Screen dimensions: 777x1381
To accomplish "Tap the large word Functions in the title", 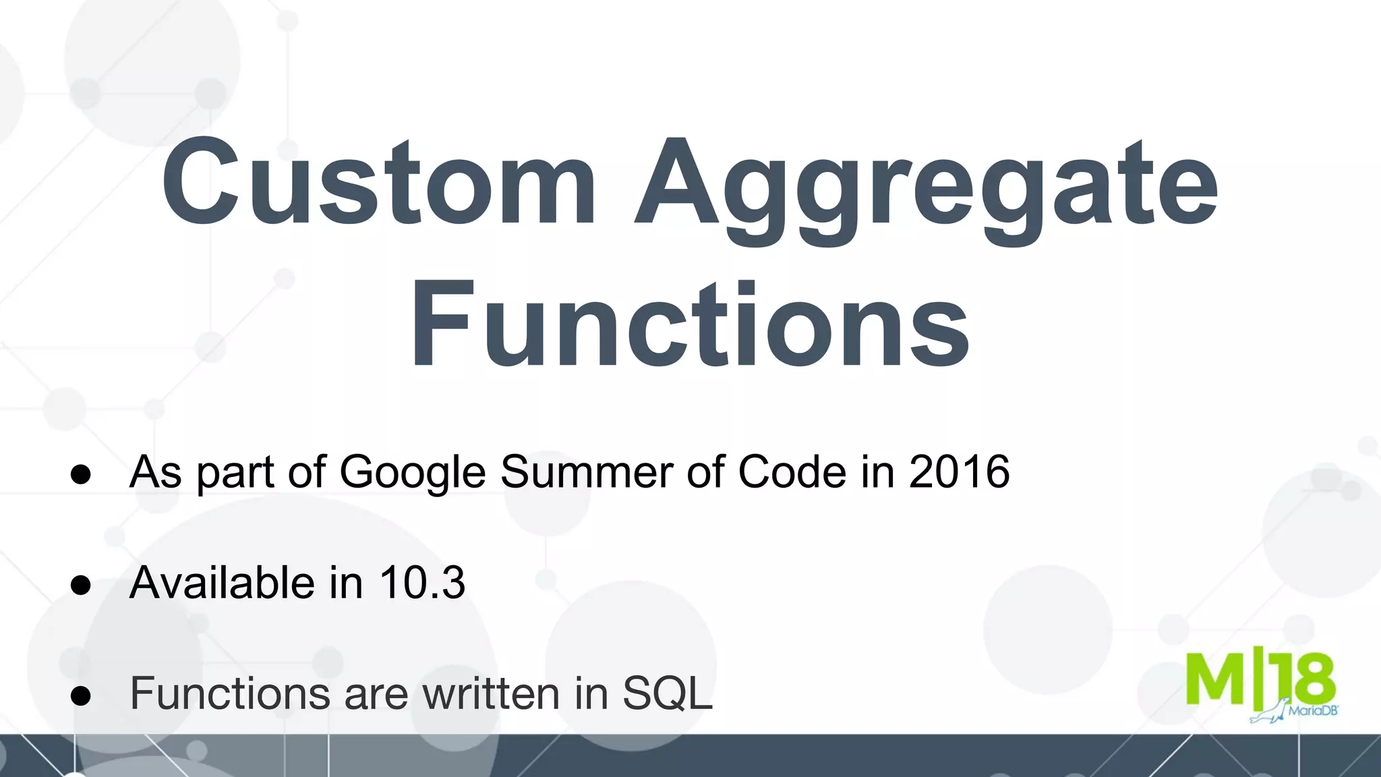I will click(689, 326).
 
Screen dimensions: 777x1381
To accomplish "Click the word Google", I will click(412, 473).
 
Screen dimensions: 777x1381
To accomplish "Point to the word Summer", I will click(586, 471).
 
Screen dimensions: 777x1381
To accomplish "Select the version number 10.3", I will click(422, 582).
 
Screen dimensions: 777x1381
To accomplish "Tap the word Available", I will click(222, 582).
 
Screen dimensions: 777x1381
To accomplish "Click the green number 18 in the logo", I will click(1305, 679).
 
